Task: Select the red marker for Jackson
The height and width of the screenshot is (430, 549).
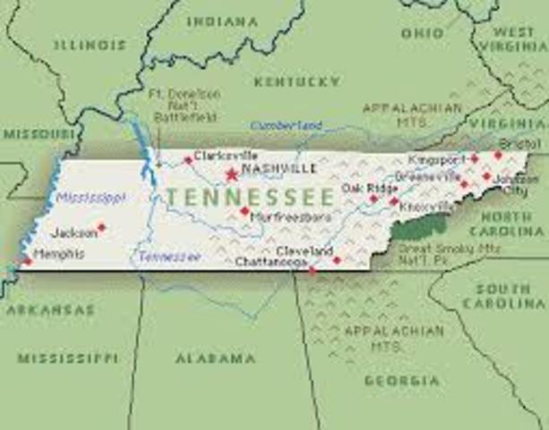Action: tap(101, 228)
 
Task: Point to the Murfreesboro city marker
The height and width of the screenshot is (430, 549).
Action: tap(244, 211)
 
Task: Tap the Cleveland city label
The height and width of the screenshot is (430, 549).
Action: tap(305, 250)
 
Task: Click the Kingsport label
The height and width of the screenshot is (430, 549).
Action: tap(430, 159)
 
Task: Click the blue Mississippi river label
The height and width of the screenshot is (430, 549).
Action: tap(90, 197)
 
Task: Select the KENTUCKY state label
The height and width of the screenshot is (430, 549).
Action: tap(297, 82)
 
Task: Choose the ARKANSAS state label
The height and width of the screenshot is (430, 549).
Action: tap(50, 309)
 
